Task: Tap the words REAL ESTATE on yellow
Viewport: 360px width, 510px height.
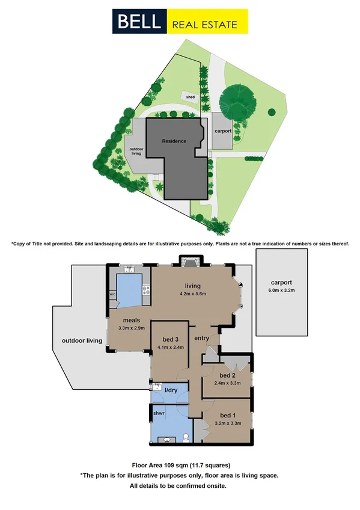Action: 204,25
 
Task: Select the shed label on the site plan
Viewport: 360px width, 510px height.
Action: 190,97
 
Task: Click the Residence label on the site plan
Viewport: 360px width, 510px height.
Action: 174,141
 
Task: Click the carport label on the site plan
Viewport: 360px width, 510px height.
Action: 222,131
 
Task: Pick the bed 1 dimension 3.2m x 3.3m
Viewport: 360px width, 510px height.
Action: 228,423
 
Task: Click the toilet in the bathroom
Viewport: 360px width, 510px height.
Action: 186,437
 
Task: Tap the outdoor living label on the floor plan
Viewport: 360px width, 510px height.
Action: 82,341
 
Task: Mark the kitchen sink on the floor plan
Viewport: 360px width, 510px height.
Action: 125,270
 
